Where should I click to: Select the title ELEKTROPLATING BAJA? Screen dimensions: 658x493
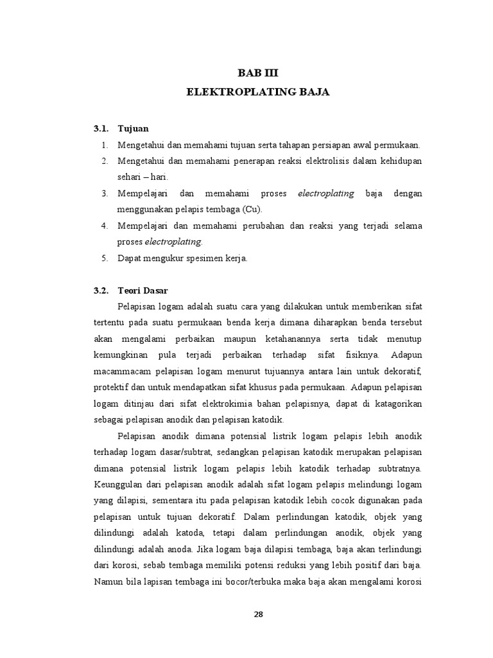257,92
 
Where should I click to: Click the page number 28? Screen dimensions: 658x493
258,614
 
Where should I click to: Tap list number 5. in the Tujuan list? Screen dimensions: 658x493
105,258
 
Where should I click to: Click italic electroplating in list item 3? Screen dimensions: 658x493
326,193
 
